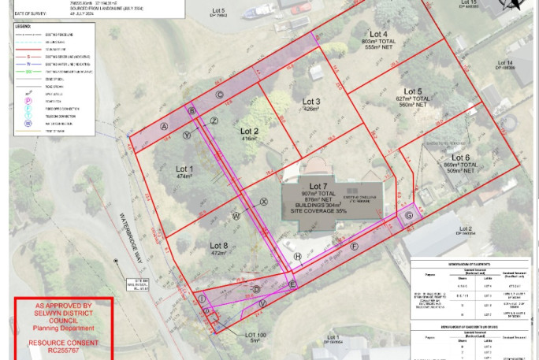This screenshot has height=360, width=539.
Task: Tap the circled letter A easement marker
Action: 165,126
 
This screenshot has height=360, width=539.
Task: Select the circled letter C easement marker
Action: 219,95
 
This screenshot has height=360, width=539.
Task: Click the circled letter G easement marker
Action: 409,216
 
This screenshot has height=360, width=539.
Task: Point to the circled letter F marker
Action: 354,247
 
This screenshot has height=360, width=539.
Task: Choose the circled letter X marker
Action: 264,202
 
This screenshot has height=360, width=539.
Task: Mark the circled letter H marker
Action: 297,257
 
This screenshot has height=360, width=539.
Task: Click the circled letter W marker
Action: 236,215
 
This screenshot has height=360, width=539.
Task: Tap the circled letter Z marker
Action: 214,120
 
